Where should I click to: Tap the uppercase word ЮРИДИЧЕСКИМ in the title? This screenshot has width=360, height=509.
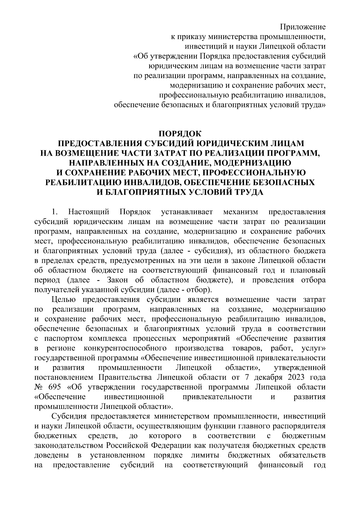click(235, 143)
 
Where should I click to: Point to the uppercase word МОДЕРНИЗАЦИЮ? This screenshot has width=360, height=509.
click(253, 163)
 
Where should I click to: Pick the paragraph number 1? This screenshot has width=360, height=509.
click(54, 212)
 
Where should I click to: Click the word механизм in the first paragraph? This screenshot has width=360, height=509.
click(241, 212)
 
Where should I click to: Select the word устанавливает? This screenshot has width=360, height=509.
click(187, 212)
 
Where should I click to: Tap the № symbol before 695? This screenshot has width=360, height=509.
click(39, 387)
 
